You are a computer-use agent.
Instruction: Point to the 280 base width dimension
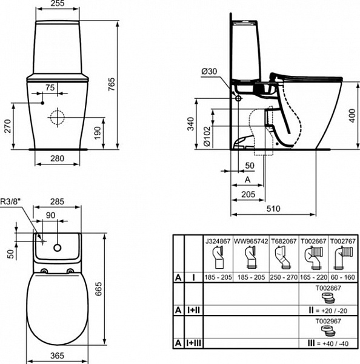point(57,158)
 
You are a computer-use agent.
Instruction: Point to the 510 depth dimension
point(274,208)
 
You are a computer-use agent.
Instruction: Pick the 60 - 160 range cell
point(344,276)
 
